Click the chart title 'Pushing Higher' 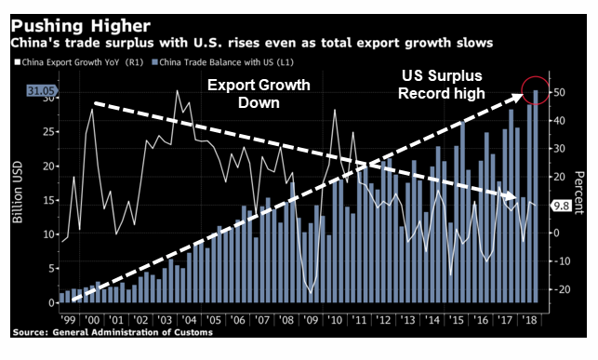click(x=81, y=26)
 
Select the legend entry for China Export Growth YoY click(x=79, y=62)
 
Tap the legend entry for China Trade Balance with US click(x=222, y=62)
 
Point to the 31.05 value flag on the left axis click(x=42, y=91)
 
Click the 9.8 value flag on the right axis click(x=561, y=206)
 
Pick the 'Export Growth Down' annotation click(x=259, y=94)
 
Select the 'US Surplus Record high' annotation click(x=442, y=85)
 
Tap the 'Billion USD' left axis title click(x=18, y=193)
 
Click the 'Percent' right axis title click(x=578, y=193)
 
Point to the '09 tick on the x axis click(x=311, y=320)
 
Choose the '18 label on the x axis click(x=529, y=320)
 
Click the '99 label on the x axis click(x=68, y=320)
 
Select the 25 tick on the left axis click(x=48, y=132)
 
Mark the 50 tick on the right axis click(x=559, y=93)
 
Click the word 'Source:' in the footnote click(x=31, y=332)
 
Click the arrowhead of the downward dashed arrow click(x=511, y=196)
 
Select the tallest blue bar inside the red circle click(x=536, y=196)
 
